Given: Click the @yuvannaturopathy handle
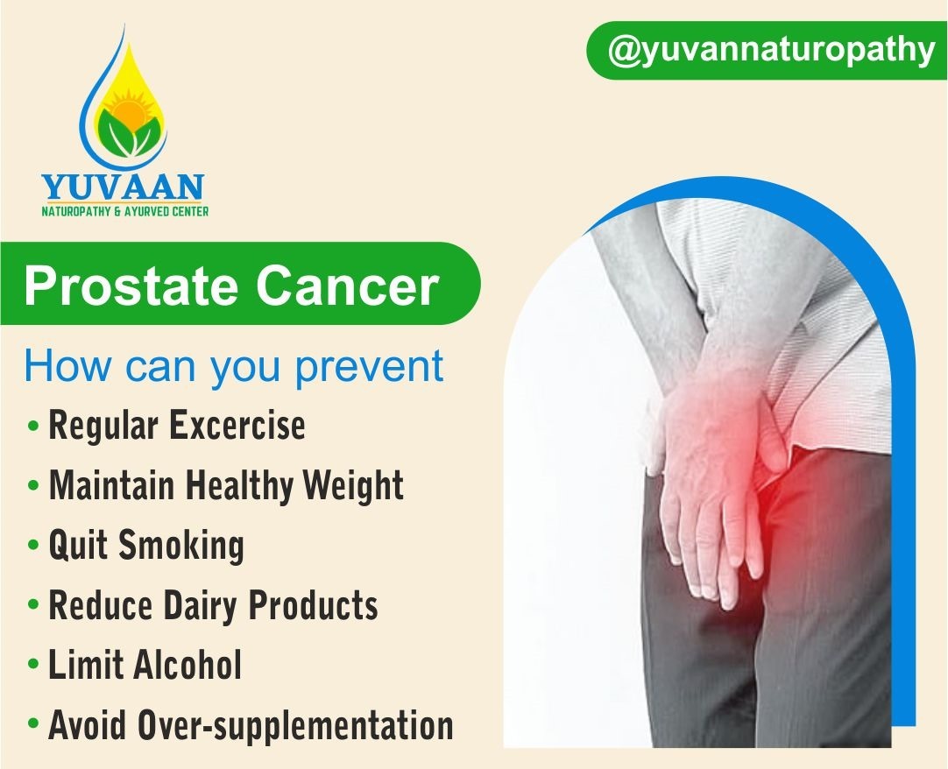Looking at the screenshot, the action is coord(771,51).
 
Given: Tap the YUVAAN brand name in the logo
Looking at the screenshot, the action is coord(123,187).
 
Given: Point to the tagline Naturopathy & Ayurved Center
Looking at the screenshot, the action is coord(124,212).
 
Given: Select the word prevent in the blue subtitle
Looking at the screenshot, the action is coord(370,367).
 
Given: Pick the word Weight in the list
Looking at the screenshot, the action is coord(353,486).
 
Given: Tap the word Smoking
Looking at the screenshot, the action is coord(180,546).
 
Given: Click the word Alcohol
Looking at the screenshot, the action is coord(187,665).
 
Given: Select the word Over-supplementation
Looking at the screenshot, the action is coord(295,725).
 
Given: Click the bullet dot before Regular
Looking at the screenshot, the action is coord(34,426).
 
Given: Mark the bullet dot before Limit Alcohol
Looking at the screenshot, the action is coord(34,664).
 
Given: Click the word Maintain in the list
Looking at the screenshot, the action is coord(112,484).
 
